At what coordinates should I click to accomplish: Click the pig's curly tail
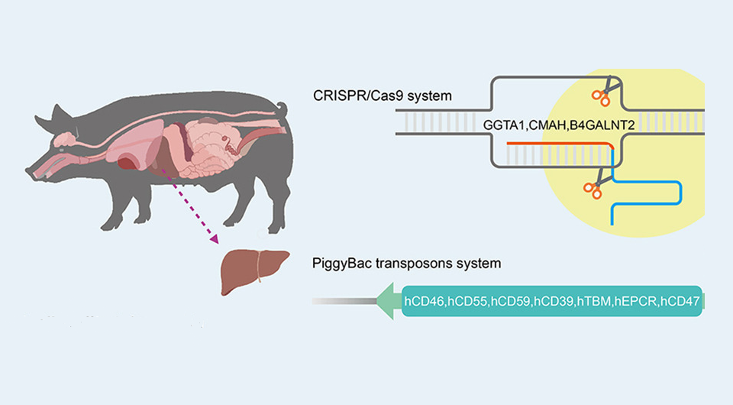(282, 108)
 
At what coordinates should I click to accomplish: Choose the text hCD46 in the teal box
(426, 303)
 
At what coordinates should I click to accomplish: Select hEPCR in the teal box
(635, 303)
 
